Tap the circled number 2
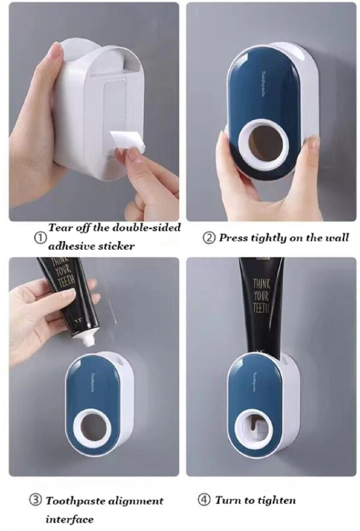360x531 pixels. (x=210, y=238)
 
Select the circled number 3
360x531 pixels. (x=35, y=500)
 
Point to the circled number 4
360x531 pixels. (x=204, y=500)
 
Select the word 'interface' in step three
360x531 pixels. (x=69, y=519)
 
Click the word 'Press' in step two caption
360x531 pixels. (x=233, y=238)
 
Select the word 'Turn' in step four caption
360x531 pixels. (x=226, y=500)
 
